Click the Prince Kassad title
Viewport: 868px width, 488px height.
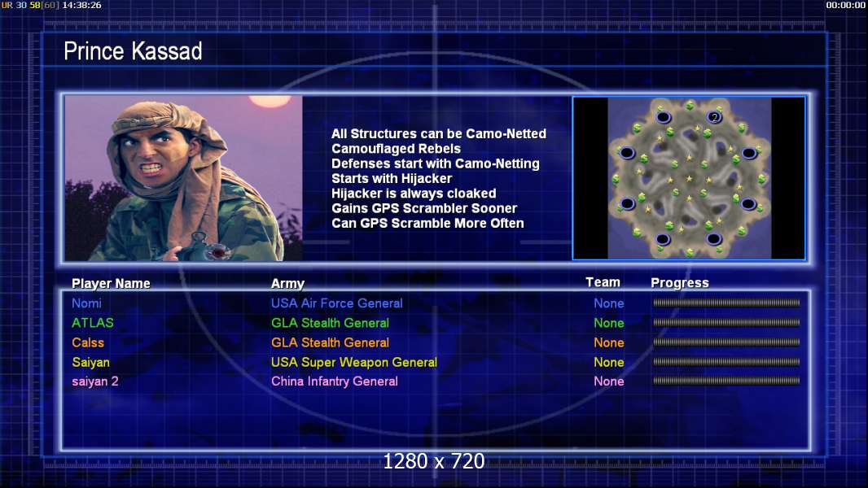pyautogui.click(x=133, y=51)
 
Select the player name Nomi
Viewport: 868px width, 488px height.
pyautogui.click(x=86, y=303)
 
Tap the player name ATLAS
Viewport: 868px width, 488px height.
pyautogui.click(x=93, y=323)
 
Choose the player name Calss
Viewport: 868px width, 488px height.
pyautogui.click(x=88, y=342)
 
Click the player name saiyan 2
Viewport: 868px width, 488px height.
pyautogui.click(x=95, y=381)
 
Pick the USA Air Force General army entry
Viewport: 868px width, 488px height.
pyautogui.click(x=336, y=303)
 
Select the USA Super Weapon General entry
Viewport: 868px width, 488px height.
pyautogui.click(x=353, y=363)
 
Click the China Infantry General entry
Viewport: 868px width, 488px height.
pyautogui.click(x=335, y=381)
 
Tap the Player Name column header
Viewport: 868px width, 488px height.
pyautogui.click(x=111, y=284)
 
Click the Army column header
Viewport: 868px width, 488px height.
pyautogui.click(x=288, y=284)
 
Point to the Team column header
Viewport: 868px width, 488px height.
pyautogui.click(x=603, y=282)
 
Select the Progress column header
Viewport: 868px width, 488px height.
pyautogui.click(x=680, y=283)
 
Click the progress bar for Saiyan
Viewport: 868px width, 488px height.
pyautogui.click(x=726, y=362)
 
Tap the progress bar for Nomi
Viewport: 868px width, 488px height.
pyautogui.click(x=726, y=303)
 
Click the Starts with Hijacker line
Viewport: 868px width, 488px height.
pyautogui.click(x=392, y=178)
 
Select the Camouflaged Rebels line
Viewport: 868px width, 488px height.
pyautogui.click(x=396, y=149)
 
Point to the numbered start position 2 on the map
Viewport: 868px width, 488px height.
pyautogui.click(x=715, y=117)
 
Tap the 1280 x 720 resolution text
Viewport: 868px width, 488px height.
pyautogui.click(x=434, y=461)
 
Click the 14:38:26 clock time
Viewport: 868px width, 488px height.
pyautogui.click(x=82, y=5)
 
